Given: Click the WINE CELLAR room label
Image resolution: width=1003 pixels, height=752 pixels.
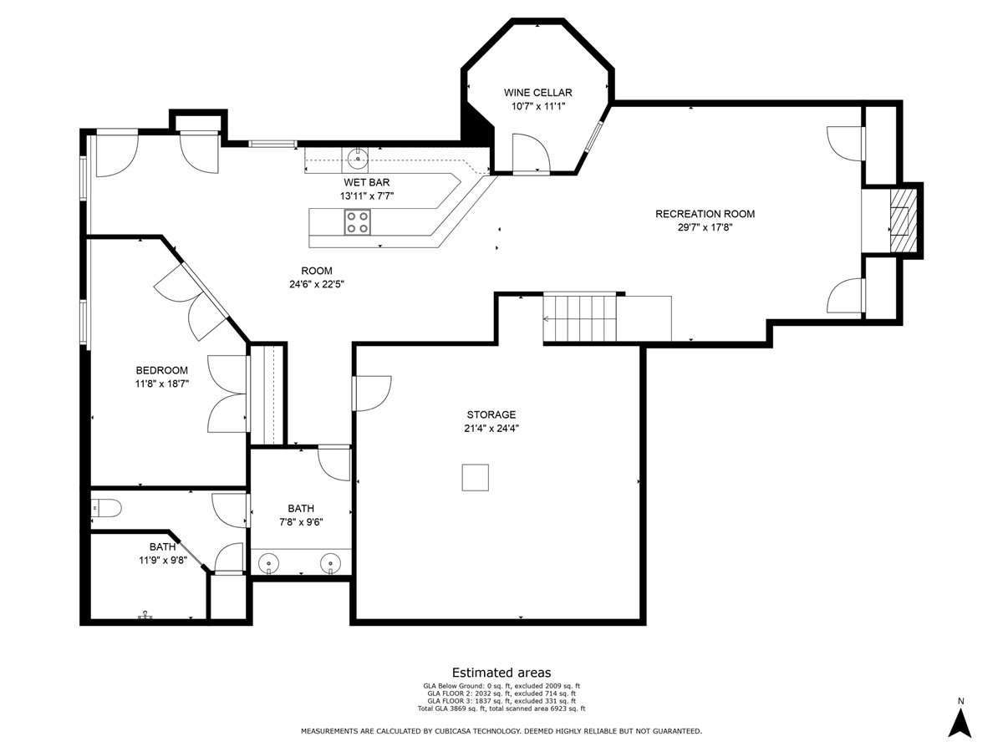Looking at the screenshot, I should point(537,92).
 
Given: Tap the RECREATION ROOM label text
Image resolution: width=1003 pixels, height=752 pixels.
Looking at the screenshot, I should point(705,214).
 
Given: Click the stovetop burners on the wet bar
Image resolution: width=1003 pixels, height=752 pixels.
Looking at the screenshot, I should point(359,221).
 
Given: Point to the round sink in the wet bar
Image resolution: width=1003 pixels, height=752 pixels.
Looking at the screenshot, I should point(358,156).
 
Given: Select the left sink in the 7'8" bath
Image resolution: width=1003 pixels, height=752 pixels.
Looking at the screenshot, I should point(268,565).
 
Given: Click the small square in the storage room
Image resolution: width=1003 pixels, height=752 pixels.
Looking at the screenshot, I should point(476,477).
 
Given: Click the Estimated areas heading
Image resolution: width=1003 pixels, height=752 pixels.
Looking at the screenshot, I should point(501,673).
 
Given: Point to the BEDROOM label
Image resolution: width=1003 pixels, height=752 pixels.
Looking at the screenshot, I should point(161,370).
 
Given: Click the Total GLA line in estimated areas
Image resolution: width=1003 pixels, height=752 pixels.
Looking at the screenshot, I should point(501,709).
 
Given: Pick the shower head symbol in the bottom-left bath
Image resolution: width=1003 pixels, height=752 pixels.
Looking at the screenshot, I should point(146,614).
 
